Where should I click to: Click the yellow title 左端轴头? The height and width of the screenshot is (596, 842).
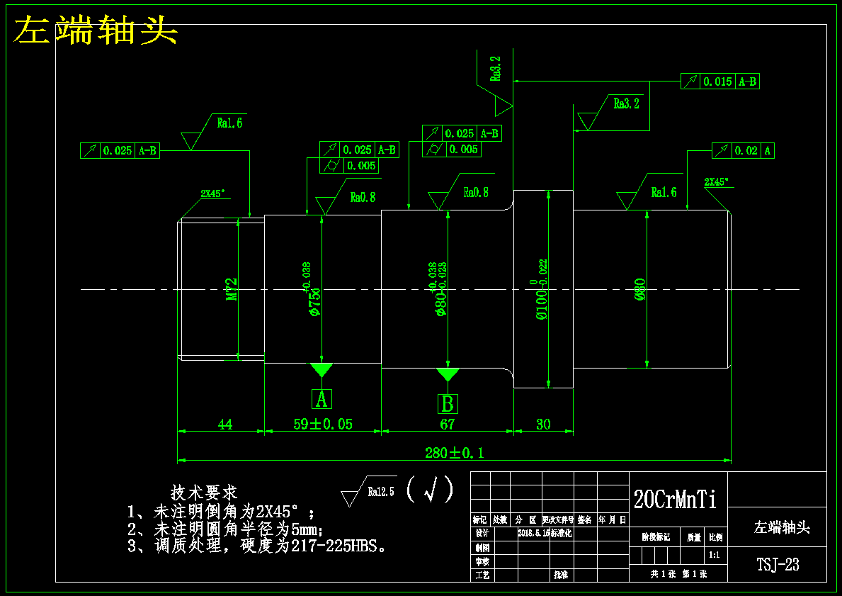pos(96,30)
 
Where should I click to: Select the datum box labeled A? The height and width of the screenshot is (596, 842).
pos(322,399)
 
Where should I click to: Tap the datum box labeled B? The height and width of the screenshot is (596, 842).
pos(447,404)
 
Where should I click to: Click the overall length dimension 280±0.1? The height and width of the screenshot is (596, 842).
pos(454,452)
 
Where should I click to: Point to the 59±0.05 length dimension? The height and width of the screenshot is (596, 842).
pos(323,424)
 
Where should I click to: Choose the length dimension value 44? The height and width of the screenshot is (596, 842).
pos(224,424)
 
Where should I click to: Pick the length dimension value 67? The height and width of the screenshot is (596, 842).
pos(447,424)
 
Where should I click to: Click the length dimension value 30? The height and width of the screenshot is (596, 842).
pos(543,424)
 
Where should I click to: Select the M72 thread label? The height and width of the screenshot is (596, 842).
pos(232,289)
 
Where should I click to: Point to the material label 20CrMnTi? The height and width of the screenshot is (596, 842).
pos(675,500)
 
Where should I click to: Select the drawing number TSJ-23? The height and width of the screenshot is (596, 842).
pos(778,565)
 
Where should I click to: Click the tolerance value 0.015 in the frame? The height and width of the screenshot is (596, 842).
pos(717,81)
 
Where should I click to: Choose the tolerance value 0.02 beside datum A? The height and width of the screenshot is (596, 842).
pos(746,150)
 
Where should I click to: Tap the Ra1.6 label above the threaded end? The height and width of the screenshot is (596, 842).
pos(230,123)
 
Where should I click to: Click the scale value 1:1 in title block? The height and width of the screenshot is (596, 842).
pos(715,555)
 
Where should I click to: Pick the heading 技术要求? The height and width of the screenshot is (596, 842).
pos(204,492)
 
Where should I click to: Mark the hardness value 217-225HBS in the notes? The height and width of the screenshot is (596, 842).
pos(339,546)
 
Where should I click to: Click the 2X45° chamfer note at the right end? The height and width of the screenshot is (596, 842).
pos(716,181)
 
